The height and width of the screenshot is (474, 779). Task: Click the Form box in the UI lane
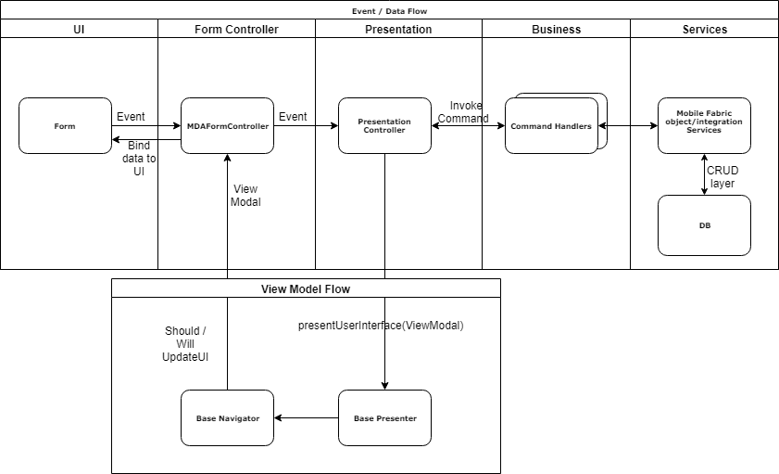pos(65,126)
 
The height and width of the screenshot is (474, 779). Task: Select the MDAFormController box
pos(227,126)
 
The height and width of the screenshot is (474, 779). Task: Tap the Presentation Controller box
pos(384,126)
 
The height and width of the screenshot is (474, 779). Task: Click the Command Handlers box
pos(551,127)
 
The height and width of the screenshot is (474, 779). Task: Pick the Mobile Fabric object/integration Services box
pos(704,126)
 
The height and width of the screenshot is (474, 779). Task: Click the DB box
pos(704,225)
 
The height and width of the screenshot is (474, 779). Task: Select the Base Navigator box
pos(227,418)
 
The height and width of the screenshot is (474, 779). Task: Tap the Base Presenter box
pos(384,418)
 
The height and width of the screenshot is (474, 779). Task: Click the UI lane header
pos(79,29)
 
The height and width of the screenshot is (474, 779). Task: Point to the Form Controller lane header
pos(236,29)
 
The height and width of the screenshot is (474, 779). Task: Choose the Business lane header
pos(556,29)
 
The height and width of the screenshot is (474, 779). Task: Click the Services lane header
pos(704,29)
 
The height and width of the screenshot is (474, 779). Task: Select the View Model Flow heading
pos(306,289)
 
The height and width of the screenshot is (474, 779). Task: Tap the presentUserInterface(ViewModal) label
pos(380,326)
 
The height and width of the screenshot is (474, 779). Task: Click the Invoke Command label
pos(463,112)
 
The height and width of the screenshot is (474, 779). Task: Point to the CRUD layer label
pos(722,177)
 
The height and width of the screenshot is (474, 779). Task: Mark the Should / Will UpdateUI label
pos(185,344)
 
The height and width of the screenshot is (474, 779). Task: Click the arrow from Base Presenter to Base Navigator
pos(306,418)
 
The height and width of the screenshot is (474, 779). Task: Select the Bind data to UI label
pos(139,159)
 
